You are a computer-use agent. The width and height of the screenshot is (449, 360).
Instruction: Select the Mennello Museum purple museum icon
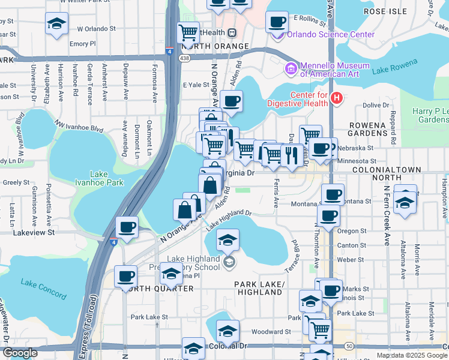(291, 68)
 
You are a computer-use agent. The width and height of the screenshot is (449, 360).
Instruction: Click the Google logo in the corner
(20, 353)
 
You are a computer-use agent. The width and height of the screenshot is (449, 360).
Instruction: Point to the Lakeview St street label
(35, 232)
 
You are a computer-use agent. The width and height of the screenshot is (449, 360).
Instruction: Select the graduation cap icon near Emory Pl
(56, 24)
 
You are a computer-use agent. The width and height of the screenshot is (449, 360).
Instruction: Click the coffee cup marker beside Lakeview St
(127, 227)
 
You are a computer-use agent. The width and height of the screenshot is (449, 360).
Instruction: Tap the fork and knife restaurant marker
(292, 155)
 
